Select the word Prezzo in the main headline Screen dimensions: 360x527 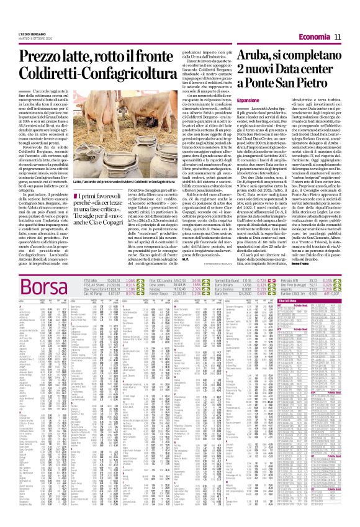pyautogui.click(x=43, y=61)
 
